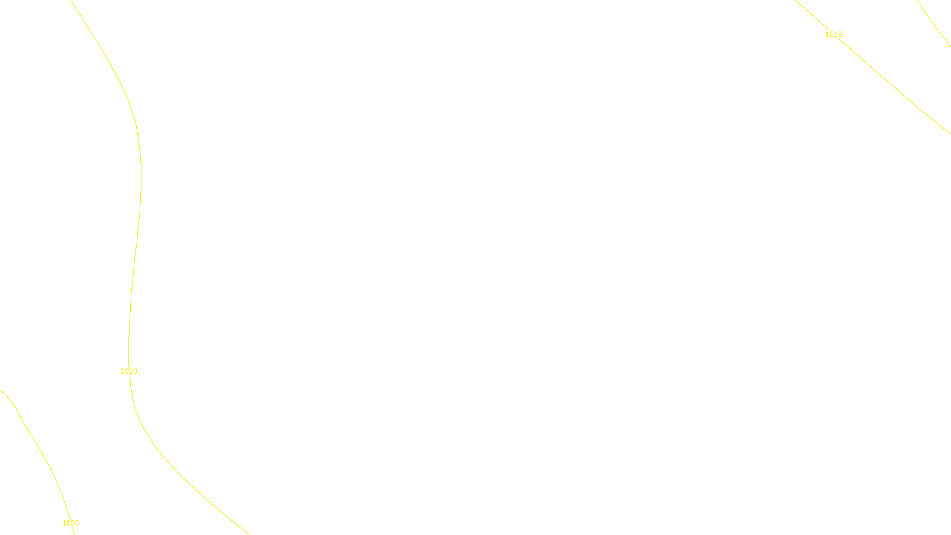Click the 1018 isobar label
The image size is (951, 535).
point(833,34)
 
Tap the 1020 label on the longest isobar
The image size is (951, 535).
point(129,372)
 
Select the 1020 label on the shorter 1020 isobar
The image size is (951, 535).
point(71,523)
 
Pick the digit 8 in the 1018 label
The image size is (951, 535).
point(840,34)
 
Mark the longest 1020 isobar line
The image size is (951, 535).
point(140,178)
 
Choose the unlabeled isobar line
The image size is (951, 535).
point(933,24)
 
